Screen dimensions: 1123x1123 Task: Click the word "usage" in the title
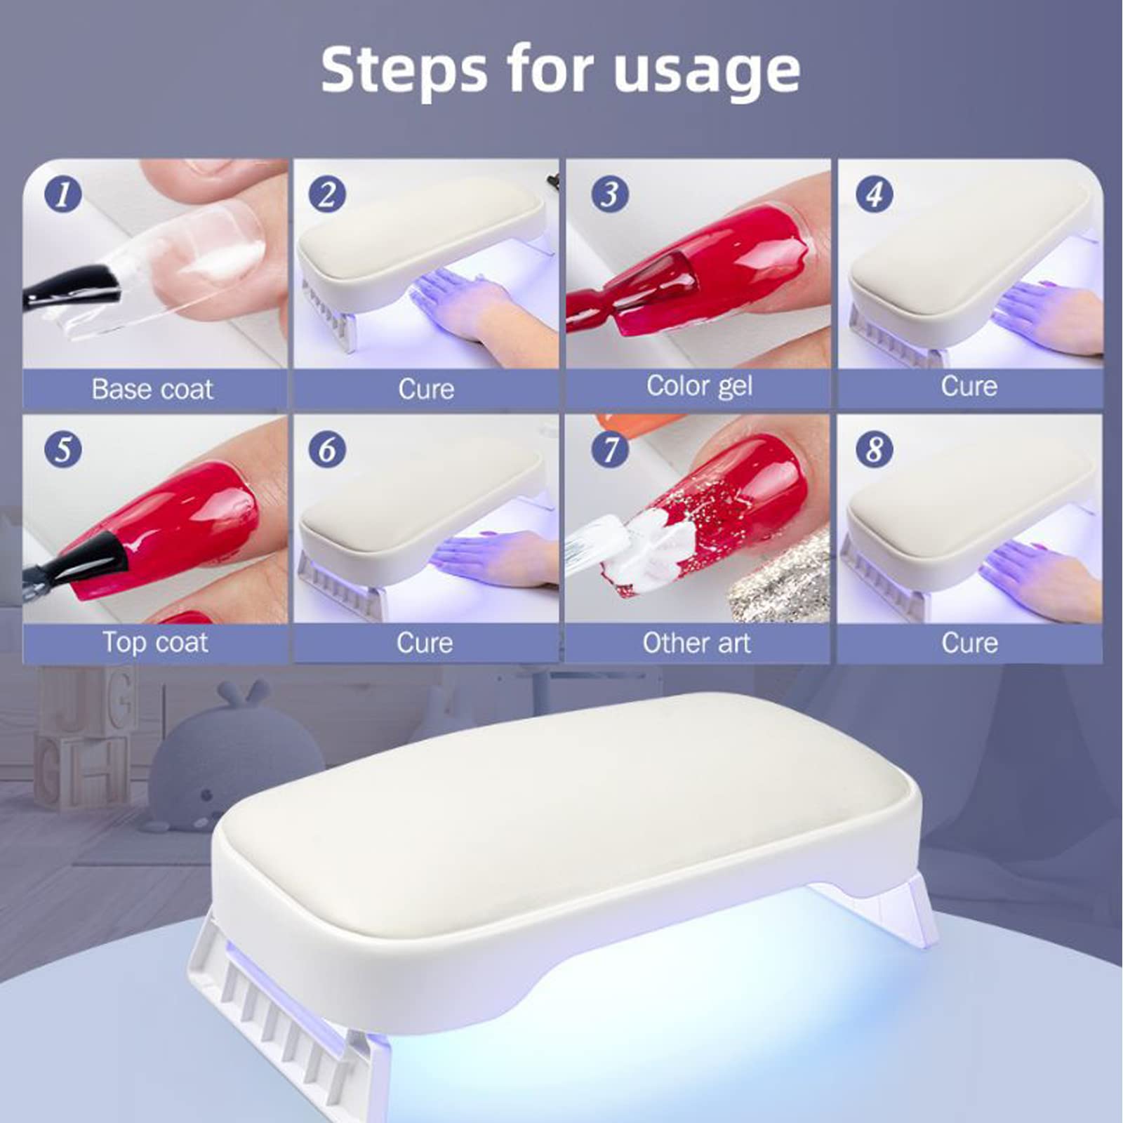tap(706, 72)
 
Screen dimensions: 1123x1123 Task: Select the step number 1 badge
tap(62, 194)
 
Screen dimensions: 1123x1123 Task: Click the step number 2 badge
tap(327, 194)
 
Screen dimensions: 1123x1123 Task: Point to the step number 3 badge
tap(610, 194)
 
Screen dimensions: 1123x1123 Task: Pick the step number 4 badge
tap(874, 194)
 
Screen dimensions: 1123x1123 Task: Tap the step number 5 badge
tap(62, 449)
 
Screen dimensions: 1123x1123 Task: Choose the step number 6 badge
tap(327, 449)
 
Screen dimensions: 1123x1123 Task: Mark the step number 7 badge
tap(610, 449)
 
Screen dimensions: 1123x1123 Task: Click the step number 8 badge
tap(874, 449)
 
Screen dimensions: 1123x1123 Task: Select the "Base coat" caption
tap(152, 389)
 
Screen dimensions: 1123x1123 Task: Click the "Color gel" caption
tap(699, 387)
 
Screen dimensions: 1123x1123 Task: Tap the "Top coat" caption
tap(155, 643)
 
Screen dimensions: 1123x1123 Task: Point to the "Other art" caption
tap(696, 643)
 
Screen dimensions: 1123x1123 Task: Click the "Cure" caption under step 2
tap(426, 389)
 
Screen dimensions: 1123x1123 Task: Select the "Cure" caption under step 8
tap(969, 643)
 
